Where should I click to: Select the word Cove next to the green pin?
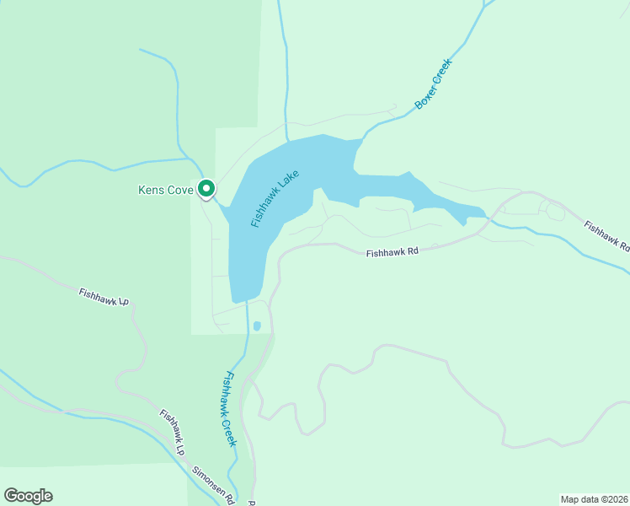[x=180, y=190]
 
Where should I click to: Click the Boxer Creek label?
[x=434, y=83]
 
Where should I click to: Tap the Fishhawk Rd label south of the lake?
[x=392, y=251]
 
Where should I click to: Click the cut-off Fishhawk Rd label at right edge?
[x=606, y=235]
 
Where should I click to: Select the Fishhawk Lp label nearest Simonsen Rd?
[x=172, y=432]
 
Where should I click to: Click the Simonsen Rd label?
[x=213, y=483]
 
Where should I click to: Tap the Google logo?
[x=28, y=496]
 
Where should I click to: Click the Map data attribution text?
[x=594, y=498]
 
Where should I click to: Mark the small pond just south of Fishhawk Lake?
[x=257, y=326]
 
